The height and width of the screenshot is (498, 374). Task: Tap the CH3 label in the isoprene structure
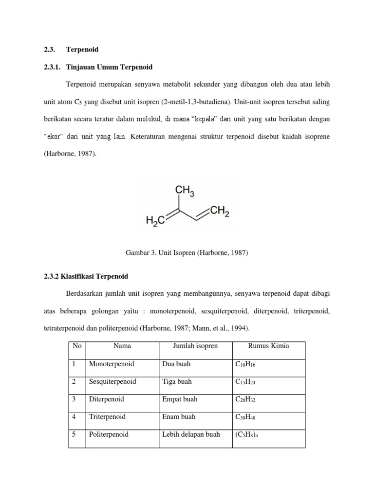click(x=185, y=192)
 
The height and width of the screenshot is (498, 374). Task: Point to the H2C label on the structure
click(x=156, y=222)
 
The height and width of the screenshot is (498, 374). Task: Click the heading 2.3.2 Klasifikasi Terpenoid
click(x=86, y=276)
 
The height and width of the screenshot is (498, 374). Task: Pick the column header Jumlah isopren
click(x=195, y=346)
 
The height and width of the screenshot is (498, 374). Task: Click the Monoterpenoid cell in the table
click(x=111, y=364)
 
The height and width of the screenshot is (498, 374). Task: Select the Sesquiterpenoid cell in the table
click(x=112, y=382)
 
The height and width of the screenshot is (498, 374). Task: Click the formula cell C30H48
click(x=245, y=417)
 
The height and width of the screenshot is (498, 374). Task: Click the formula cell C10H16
click(x=245, y=364)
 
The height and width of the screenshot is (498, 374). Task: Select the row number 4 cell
click(x=75, y=417)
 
